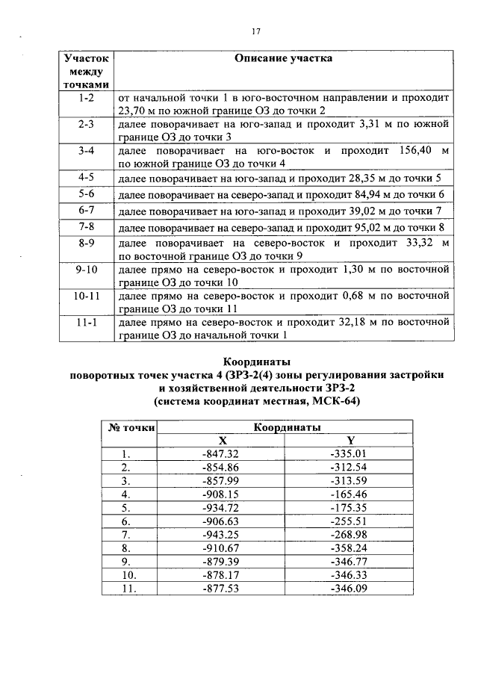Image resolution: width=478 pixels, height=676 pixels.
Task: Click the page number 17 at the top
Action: [255, 31]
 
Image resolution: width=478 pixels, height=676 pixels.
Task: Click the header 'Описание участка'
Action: [283, 58]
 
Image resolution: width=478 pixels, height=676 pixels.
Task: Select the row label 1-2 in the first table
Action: [86, 98]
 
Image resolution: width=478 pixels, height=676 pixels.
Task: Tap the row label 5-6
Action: [86, 194]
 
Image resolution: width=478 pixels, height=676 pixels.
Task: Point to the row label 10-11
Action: [86, 297]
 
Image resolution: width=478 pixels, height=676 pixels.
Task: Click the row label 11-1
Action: [86, 323]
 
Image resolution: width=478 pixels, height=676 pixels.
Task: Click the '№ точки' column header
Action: [131, 428]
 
